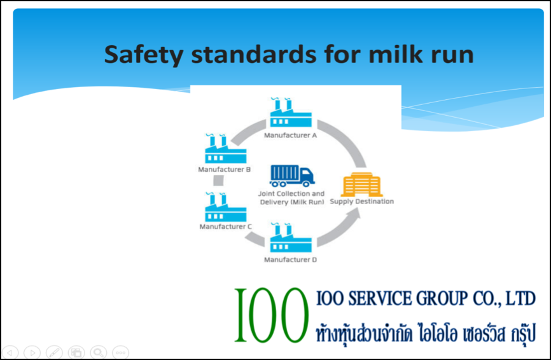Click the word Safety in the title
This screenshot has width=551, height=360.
click(x=144, y=55)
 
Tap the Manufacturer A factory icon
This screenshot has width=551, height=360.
click(x=291, y=113)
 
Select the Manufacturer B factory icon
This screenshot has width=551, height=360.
click(x=226, y=149)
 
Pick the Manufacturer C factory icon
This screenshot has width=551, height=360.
click(x=226, y=207)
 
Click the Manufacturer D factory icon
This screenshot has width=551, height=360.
click(x=291, y=237)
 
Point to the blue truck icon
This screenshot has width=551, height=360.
click(x=291, y=176)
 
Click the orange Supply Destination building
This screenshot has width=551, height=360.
click(x=361, y=184)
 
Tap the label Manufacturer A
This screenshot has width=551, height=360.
click(x=290, y=135)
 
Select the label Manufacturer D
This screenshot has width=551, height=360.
click(x=290, y=260)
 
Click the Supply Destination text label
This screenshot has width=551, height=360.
click(x=361, y=202)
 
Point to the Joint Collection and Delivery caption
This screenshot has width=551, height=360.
click(x=291, y=198)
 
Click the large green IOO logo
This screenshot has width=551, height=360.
click(x=271, y=315)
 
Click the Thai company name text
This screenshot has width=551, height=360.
click(x=426, y=334)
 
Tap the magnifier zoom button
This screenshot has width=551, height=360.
click(x=99, y=352)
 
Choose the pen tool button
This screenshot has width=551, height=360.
click(x=54, y=352)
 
